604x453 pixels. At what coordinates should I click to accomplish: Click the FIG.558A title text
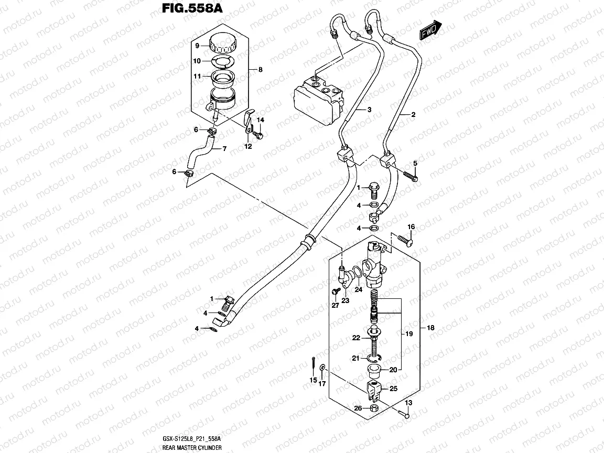click(182, 9)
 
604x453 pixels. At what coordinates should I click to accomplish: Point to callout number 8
click(260, 70)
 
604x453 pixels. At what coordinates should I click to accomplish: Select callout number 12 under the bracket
click(248, 146)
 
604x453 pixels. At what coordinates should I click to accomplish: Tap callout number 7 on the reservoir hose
click(224, 149)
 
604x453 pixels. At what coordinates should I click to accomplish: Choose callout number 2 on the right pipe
click(413, 114)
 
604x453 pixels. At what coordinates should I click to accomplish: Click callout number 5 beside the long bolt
click(415, 164)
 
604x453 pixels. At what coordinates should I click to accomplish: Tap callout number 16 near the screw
click(412, 226)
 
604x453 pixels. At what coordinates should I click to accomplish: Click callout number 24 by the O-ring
click(358, 288)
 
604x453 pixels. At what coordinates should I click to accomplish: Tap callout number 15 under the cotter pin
click(313, 380)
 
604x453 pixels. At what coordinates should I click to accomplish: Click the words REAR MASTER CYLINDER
click(192, 448)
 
